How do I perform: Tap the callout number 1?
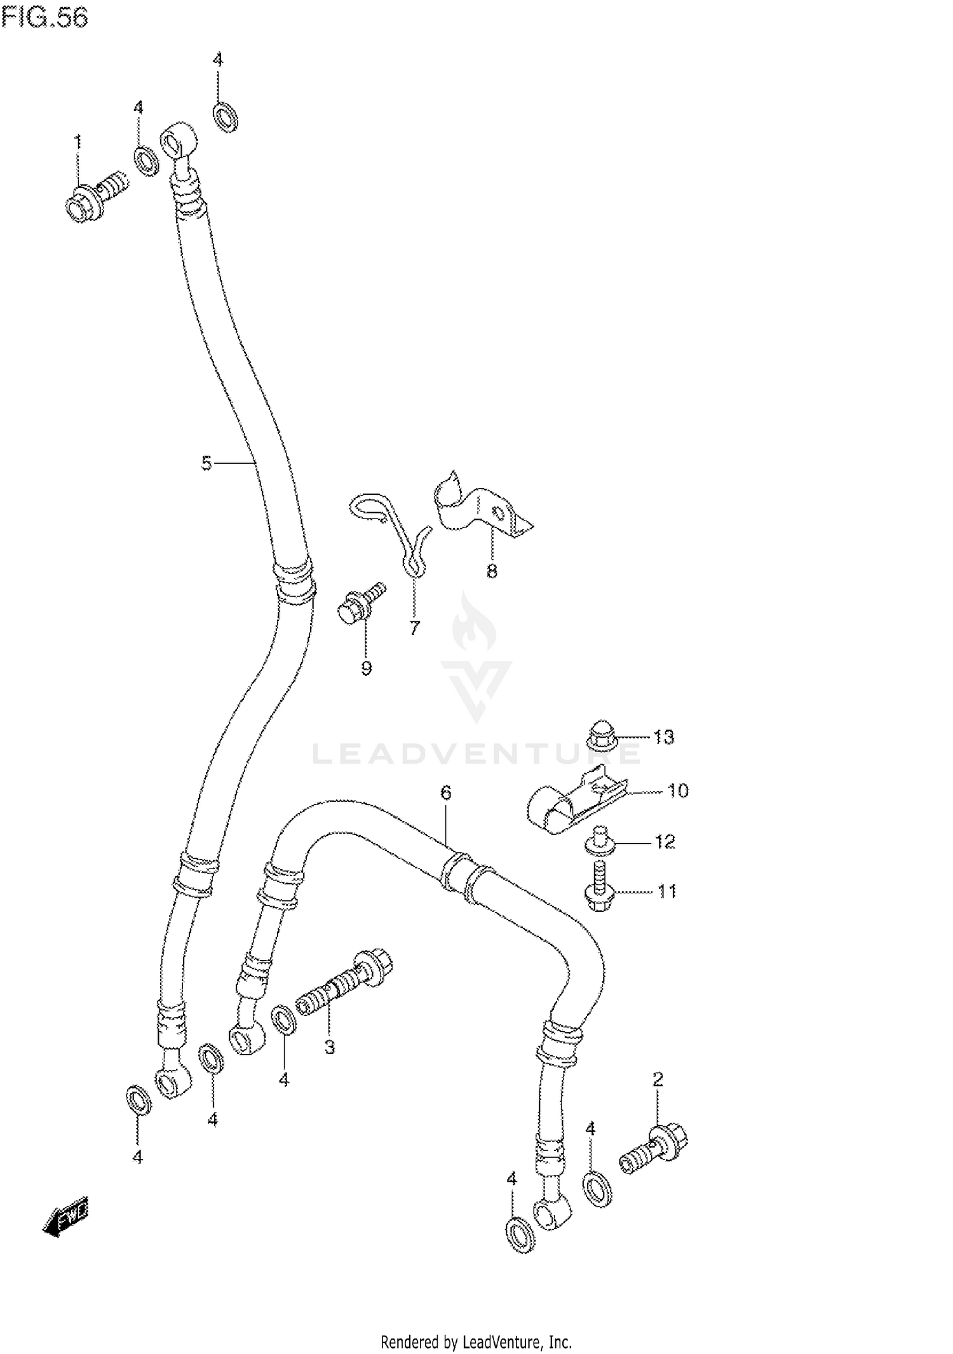tap(78, 141)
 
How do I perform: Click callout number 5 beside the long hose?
tap(206, 463)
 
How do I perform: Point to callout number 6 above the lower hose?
tap(445, 792)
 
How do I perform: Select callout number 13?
tap(664, 737)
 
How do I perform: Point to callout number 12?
tap(665, 842)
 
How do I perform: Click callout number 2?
tap(658, 1079)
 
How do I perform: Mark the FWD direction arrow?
tap(66, 1215)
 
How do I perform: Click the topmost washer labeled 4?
tap(225, 117)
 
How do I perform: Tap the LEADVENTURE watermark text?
tap(476, 754)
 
